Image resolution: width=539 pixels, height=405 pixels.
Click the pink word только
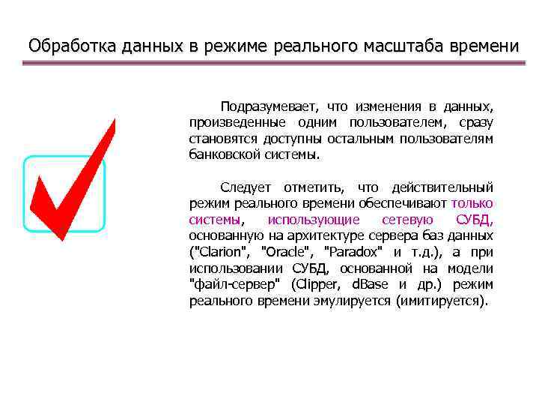(x=472, y=203)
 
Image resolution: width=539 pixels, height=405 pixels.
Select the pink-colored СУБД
(x=474, y=220)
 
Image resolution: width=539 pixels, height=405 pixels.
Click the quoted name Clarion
(x=221, y=253)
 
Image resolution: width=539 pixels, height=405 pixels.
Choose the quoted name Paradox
(x=351, y=253)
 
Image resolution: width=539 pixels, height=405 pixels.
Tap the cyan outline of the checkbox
(x=104, y=194)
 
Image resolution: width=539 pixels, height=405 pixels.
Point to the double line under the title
(x=269, y=64)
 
